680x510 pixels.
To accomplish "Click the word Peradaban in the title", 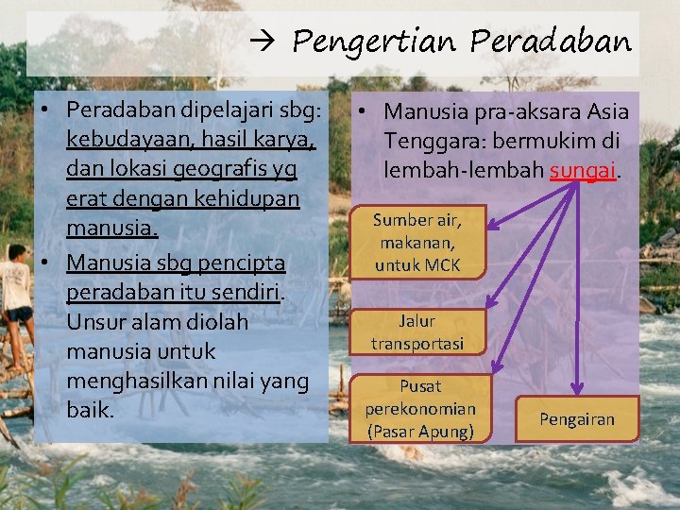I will [550, 42].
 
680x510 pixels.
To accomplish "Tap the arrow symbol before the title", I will [263, 42].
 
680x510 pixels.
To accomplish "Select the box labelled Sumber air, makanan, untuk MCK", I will [416, 242].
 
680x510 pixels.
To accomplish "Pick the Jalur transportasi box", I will [417, 332].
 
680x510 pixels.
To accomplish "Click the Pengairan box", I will [576, 419].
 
